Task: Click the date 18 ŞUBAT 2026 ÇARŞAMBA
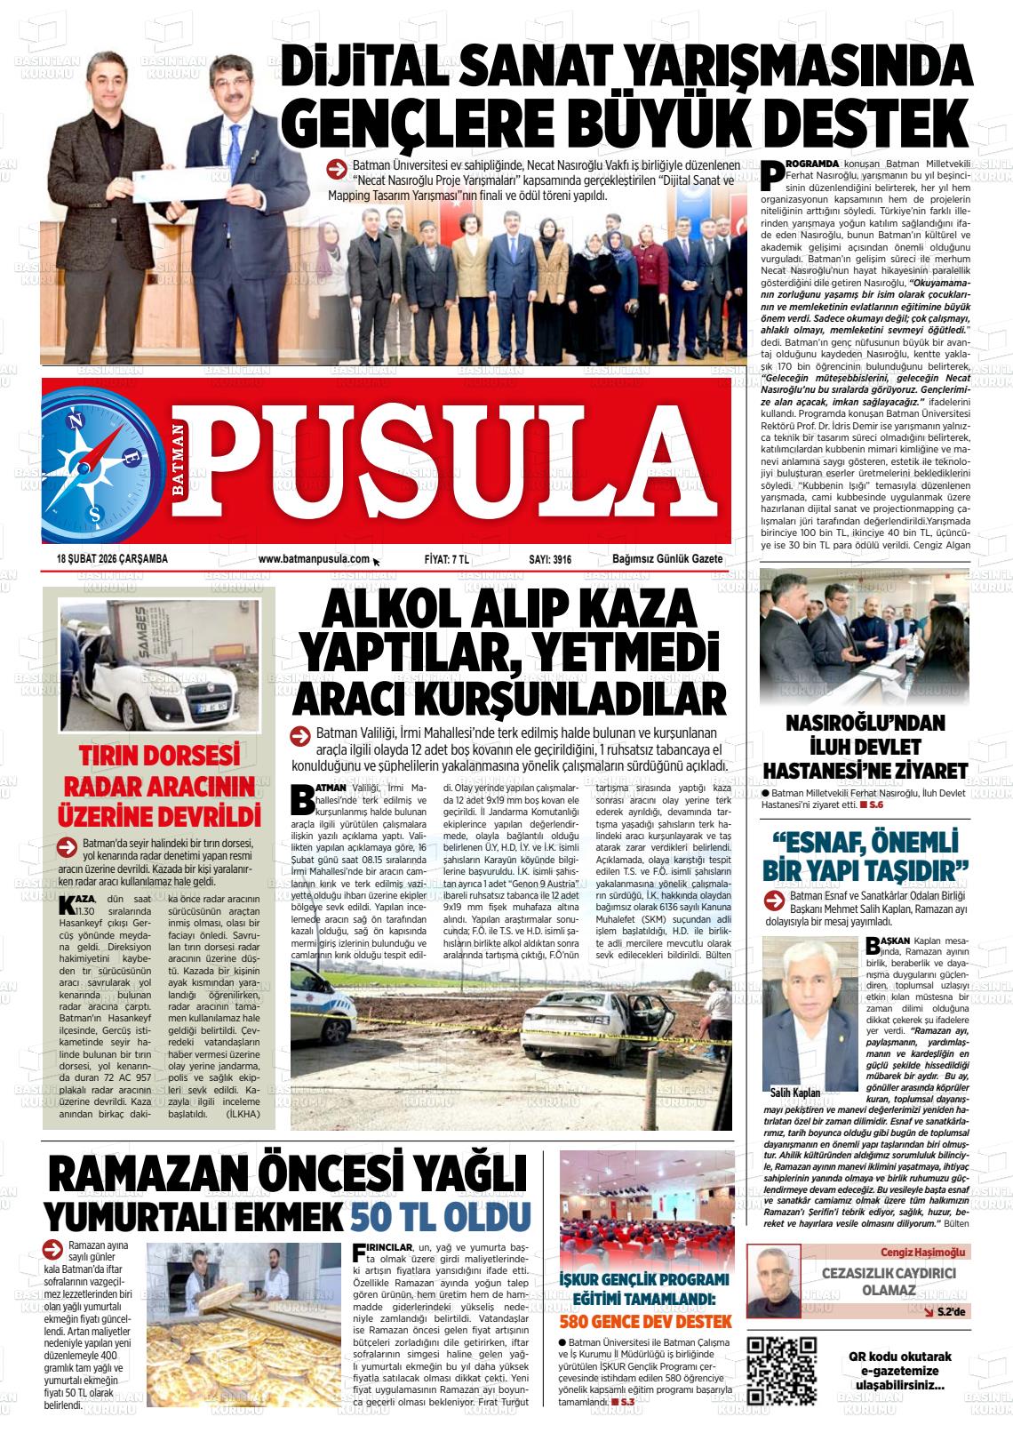pos(112,559)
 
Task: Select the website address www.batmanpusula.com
pos(314,559)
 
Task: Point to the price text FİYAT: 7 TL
pos(447,559)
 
